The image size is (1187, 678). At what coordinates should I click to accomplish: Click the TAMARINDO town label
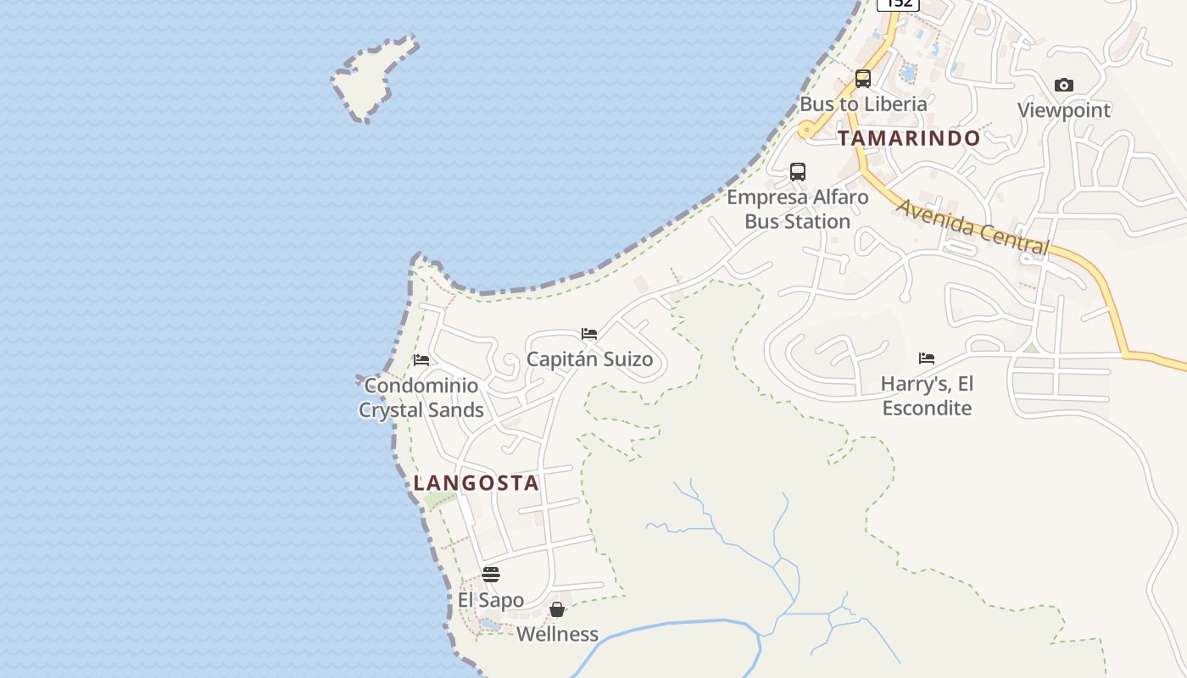click(909, 138)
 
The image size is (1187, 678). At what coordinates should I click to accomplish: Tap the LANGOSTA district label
click(476, 483)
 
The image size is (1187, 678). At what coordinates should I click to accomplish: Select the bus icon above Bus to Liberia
click(863, 79)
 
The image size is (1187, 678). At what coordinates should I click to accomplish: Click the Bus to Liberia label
click(863, 104)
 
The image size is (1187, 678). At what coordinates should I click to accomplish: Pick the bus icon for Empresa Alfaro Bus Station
click(798, 172)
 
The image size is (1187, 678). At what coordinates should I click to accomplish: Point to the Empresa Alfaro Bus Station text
click(798, 209)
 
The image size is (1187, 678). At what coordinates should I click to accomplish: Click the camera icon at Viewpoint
click(1064, 85)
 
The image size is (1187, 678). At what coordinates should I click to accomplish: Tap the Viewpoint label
click(1064, 110)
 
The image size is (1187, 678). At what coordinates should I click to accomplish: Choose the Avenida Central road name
click(972, 226)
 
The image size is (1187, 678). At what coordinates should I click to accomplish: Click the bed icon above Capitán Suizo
click(589, 334)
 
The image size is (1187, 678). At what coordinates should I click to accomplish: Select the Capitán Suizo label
click(589, 359)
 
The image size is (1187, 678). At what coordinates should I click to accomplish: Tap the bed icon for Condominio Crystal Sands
click(421, 360)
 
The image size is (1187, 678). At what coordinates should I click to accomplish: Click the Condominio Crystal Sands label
click(421, 397)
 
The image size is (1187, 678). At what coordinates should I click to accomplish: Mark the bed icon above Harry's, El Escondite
click(927, 358)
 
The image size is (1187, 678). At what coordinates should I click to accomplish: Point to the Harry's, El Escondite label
click(927, 396)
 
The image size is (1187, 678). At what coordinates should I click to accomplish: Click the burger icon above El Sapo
click(491, 575)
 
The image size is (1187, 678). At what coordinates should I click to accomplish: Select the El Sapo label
click(491, 600)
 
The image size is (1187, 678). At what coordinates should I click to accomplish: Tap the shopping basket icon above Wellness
click(557, 609)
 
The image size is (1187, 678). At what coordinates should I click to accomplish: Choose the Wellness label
click(557, 634)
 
